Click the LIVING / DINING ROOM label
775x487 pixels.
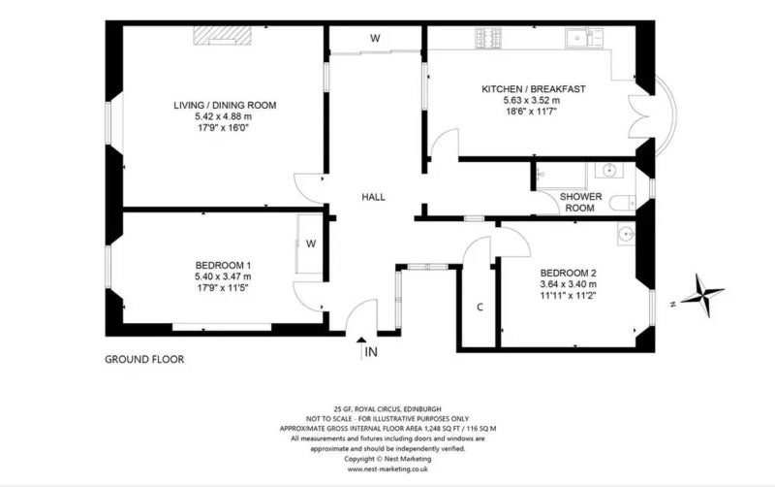[x=225, y=105]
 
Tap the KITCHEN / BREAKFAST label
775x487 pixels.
[x=534, y=89]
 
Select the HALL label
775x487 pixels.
[x=373, y=197]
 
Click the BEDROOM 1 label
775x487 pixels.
[x=223, y=265]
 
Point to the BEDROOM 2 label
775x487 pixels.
[x=568, y=274]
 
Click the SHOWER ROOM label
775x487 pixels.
[x=580, y=202]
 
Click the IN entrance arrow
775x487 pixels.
[x=361, y=348]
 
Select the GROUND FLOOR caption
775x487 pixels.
[x=144, y=359]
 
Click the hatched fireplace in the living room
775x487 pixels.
[x=223, y=36]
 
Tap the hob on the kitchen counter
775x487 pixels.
[x=488, y=38]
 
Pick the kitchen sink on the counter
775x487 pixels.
[x=585, y=38]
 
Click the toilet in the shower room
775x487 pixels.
[x=622, y=203]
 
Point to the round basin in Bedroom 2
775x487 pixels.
[x=627, y=233]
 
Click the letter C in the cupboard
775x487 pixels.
[x=480, y=308]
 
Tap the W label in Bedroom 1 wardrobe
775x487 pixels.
[x=311, y=243]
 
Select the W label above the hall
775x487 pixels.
[x=376, y=39]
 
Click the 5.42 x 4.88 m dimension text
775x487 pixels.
[x=224, y=116]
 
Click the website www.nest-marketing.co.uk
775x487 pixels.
[x=387, y=470]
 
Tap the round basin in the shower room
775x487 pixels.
[x=609, y=171]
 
